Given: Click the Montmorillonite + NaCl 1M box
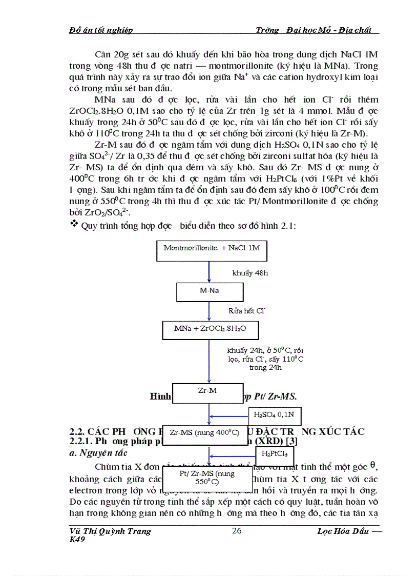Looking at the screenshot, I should coord(212,249).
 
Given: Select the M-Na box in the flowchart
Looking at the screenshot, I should coord(208,291).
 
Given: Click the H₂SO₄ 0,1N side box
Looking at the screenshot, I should coord(275,414).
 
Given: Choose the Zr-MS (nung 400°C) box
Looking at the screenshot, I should coord(204,433).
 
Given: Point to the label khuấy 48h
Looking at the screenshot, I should coord(250,273).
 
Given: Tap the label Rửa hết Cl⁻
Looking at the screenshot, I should coord(247,311).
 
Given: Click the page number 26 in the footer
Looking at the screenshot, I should coord(237,531).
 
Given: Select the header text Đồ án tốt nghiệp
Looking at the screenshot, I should coord(101,30).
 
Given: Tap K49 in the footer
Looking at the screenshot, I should coord(77,540).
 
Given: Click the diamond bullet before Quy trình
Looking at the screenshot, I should coord(74,224).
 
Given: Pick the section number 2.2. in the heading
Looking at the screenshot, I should coord(78,431).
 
